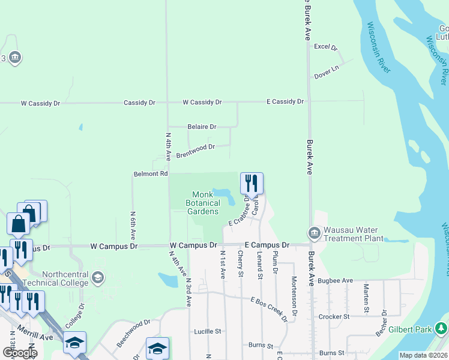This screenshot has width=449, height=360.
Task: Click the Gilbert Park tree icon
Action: point(441,329)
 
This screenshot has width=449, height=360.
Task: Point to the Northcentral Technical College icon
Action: point(98,278)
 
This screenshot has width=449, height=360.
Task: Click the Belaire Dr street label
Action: point(201,127)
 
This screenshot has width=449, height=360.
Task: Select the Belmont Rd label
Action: point(150,174)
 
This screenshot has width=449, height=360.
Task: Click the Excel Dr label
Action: point(326,47)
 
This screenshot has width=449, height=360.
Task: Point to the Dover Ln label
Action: point(327,76)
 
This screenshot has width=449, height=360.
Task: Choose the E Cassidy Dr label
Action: point(285,102)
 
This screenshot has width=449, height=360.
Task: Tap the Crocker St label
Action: point(335,316)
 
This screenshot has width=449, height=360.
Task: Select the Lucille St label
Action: point(208,331)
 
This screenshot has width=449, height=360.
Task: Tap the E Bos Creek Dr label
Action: point(267,307)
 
